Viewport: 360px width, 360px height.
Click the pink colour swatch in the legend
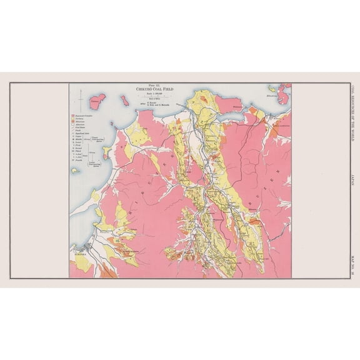73,117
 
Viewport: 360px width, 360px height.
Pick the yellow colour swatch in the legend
73,121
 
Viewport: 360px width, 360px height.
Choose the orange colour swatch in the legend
73,124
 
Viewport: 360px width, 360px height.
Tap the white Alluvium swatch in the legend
73,128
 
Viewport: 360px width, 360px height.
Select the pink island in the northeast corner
284,94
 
